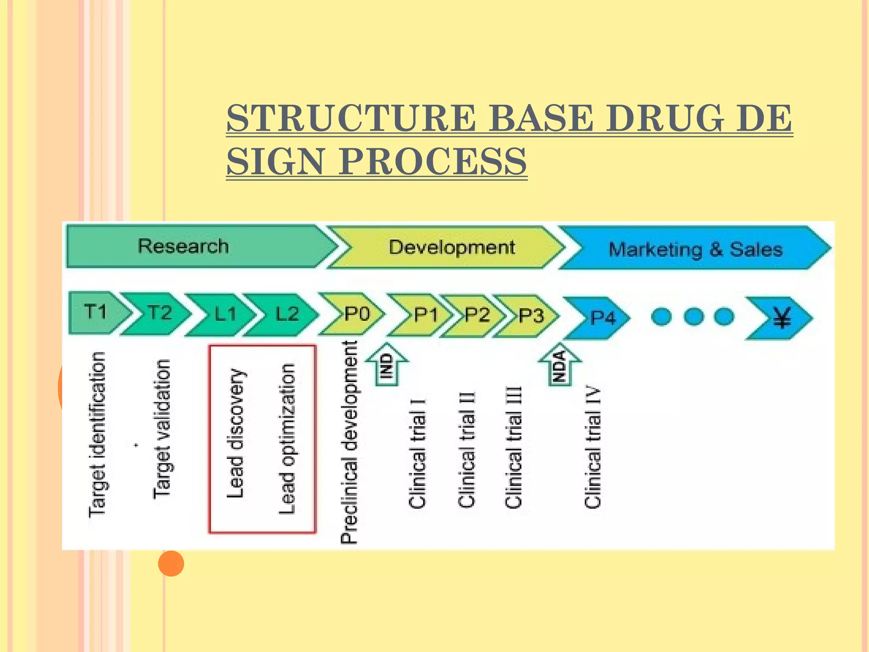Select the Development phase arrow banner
pyautogui.click(x=450, y=247)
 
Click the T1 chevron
pyautogui.click(x=97, y=312)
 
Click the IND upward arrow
pyautogui.click(x=387, y=365)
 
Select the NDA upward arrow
pyautogui.click(x=560, y=365)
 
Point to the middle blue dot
pyautogui.click(x=693, y=316)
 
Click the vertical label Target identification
pyautogui.click(x=97, y=435)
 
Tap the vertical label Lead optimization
pyautogui.click(x=287, y=439)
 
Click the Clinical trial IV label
pyautogui.click(x=592, y=448)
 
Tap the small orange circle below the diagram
pyautogui.click(x=171, y=563)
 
